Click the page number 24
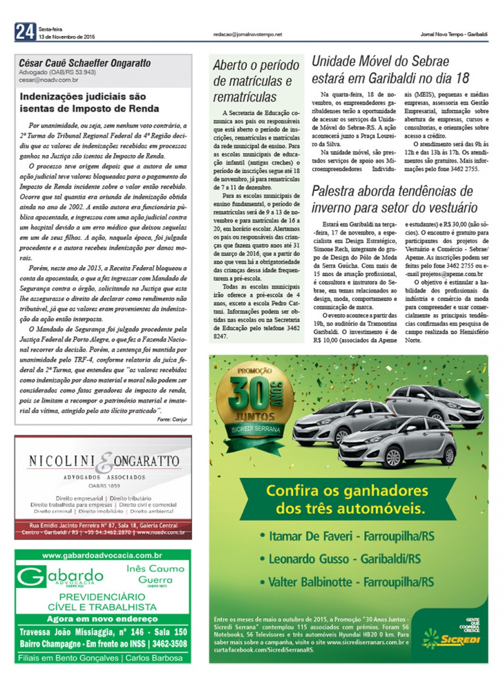[x=25, y=32]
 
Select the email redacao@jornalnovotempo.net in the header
[x=248, y=34]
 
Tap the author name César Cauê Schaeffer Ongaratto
[x=85, y=63]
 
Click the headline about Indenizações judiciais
[x=89, y=102]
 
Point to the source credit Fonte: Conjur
[x=172, y=419]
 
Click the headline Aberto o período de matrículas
[x=256, y=81]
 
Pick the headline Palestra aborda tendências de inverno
[x=394, y=199]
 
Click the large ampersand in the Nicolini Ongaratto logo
[x=106, y=462]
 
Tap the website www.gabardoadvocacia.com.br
[x=102, y=555]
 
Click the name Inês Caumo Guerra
[x=155, y=574]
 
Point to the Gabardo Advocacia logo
[x=61, y=577]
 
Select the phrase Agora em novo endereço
[x=102, y=619]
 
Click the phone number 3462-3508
[x=169, y=644]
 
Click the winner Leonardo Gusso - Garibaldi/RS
[x=345, y=559]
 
